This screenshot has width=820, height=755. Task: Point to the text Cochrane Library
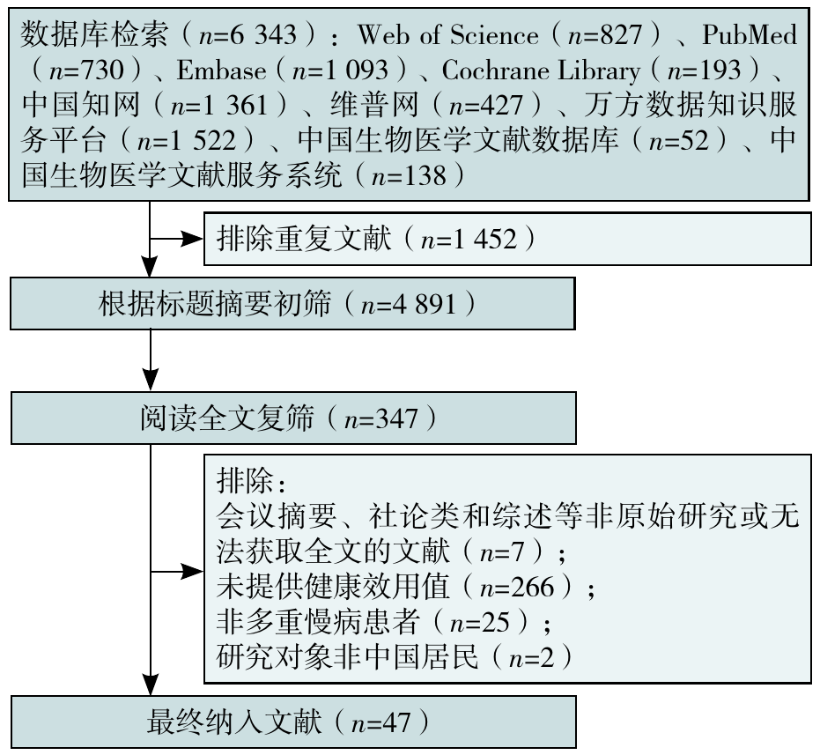point(541,69)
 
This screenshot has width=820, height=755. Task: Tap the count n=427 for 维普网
point(486,105)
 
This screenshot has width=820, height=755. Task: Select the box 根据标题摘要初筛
point(293,304)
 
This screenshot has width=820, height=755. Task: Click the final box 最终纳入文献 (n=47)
point(293,722)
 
